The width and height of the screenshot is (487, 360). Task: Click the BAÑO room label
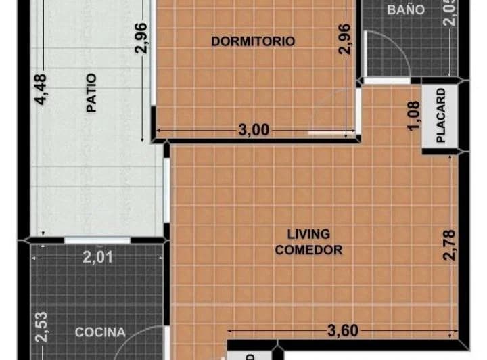(406, 9)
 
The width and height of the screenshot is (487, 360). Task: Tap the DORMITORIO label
(253, 41)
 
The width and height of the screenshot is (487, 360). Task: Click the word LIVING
(308, 234)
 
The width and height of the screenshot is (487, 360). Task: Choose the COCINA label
(100, 332)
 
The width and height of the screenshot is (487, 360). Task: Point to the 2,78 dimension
(448, 244)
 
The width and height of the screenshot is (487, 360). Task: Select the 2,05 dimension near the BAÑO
(449, 12)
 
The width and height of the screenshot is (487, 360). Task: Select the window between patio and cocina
(97, 240)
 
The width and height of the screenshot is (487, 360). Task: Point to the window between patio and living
(166, 189)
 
